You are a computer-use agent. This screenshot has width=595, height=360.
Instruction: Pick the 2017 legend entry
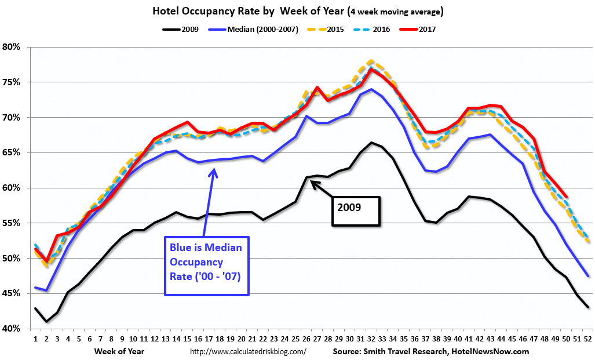(427, 28)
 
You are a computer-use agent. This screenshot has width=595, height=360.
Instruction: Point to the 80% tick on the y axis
(12, 47)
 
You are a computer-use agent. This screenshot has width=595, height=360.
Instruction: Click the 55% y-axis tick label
(12, 223)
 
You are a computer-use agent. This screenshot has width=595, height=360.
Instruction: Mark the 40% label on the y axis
(12, 329)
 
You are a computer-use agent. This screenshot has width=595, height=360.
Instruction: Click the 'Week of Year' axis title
(119, 351)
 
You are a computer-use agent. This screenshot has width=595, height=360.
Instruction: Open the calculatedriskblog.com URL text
(248, 351)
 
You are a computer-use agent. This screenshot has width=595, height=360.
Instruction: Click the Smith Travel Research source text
(430, 351)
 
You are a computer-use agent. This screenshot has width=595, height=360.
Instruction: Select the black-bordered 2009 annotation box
(356, 211)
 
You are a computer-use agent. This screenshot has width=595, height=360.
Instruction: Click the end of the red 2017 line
(565, 196)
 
